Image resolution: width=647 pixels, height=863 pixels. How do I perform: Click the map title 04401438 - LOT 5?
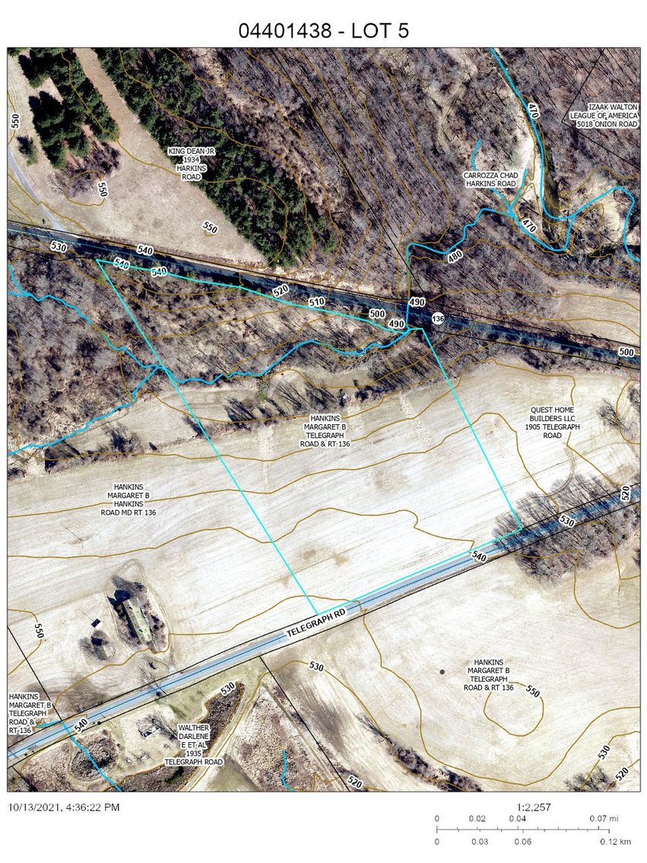click(x=324, y=30)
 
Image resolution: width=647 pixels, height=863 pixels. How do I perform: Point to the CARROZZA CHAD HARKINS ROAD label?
click(x=490, y=179)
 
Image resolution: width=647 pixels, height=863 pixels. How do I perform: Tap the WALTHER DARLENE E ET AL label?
click(x=193, y=744)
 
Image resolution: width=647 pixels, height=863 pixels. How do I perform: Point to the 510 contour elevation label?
click(x=316, y=302)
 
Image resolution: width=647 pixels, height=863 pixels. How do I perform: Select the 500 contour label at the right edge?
click(x=626, y=352)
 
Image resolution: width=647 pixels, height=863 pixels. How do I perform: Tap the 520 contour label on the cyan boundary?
click(x=280, y=291)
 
